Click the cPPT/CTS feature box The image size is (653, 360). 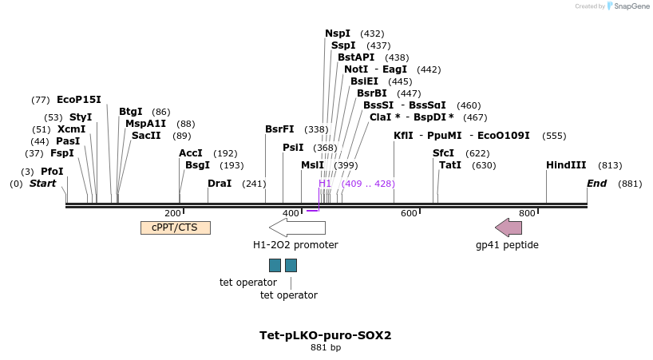pyautogui.click(x=175, y=227)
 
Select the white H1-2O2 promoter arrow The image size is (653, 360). pyautogui.click(x=296, y=227)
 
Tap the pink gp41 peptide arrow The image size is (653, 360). pyautogui.click(x=509, y=227)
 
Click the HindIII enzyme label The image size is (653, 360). pyautogui.click(x=566, y=165)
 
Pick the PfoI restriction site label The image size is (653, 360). pyautogui.click(x=52, y=172)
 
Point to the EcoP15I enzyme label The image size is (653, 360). pyautogui.click(x=79, y=100)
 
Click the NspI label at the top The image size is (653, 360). pyautogui.click(x=338, y=34)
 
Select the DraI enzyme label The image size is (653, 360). pyautogui.click(x=220, y=184)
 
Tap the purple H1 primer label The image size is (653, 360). pyautogui.click(x=325, y=184)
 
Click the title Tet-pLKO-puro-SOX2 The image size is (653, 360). pyautogui.click(x=326, y=335)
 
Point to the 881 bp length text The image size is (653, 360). pyautogui.click(x=326, y=348)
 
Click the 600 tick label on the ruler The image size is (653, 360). pyautogui.click(x=409, y=213)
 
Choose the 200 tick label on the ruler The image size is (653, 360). pyautogui.click(x=172, y=213)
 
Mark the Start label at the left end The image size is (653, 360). pyautogui.click(x=43, y=184)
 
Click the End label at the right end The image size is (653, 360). pyautogui.click(x=597, y=184)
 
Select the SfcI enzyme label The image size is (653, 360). pyautogui.click(x=443, y=153)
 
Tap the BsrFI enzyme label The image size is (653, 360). pyautogui.click(x=279, y=129)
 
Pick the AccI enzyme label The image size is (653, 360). pyautogui.click(x=191, y=153)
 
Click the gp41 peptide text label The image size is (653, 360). pyautogui.click(x=507, y=245)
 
